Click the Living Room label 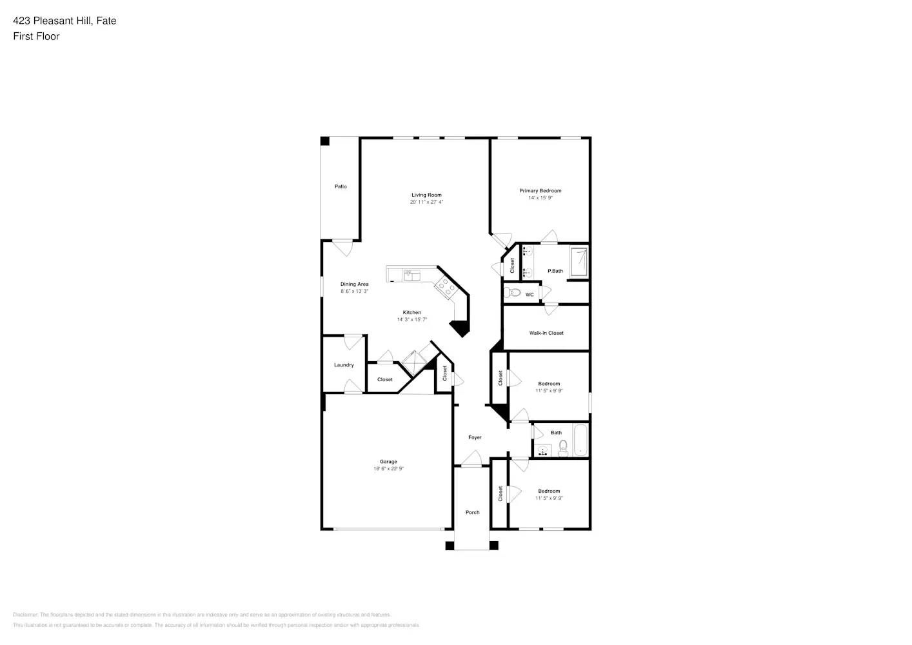426,195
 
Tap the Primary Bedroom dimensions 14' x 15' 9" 540,198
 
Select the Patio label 341,186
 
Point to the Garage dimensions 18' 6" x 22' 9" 388,469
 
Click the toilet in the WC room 514,293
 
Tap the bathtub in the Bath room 580,440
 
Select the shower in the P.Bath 579,262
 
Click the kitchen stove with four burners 444,286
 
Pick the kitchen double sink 411,275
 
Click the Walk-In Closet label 546,333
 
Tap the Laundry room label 344,365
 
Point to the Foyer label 475,437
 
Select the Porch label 473,512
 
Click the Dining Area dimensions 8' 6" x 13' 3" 354,292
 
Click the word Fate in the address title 106,21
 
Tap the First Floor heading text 36,36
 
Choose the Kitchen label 411,312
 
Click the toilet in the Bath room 562,448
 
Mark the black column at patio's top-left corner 325,141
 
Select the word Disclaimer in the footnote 25,615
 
